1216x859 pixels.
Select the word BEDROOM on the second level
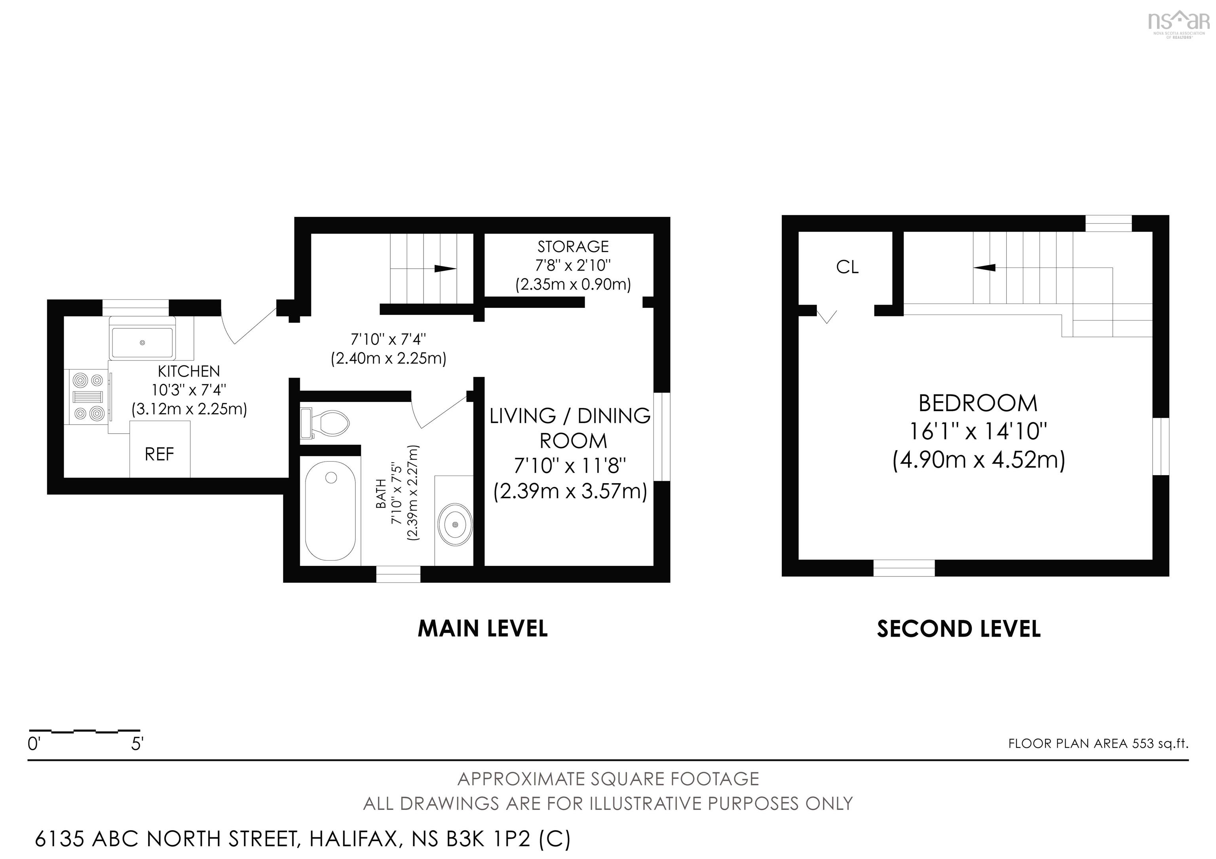[x=978, y=403]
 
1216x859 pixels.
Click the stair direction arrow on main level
[x=445, y=268]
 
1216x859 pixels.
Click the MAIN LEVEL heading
[x=483, y=628]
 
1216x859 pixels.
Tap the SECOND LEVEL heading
[x=959, y=629]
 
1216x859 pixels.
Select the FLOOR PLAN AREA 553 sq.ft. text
[x=1098, y=743]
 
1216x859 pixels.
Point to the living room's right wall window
[x=662, y=437]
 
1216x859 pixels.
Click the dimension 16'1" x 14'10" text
[x=978, y=431]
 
